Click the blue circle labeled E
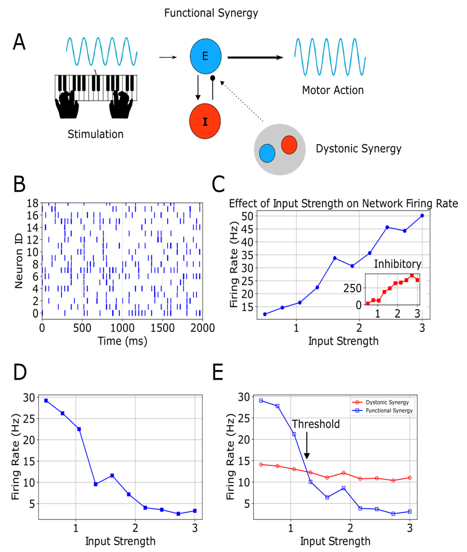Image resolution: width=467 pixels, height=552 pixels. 205,56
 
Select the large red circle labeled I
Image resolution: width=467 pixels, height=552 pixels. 205,121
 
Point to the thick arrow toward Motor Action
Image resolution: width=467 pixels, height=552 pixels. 255,57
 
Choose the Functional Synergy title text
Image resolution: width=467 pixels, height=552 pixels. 211,13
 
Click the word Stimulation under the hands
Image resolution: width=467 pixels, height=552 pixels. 96,134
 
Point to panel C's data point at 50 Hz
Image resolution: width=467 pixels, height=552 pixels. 422,216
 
